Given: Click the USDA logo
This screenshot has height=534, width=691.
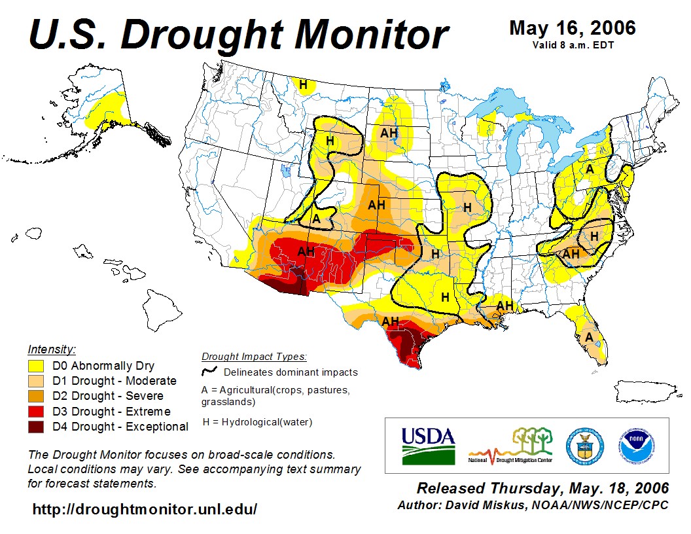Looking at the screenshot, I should pos(428,445).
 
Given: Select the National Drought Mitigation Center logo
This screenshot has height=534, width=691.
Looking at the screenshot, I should pos(511,446).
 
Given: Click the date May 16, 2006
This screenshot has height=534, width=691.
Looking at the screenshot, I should pos(572,28).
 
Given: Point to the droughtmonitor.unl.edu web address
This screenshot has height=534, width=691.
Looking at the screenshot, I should pos(145,508).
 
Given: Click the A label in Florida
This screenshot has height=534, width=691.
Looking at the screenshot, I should pos(589,337).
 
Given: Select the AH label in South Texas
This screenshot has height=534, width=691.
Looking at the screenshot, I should pos(391,321).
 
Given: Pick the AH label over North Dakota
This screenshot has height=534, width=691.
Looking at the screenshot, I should pos(389,133).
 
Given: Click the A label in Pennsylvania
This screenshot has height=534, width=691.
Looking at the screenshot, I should pos(590,169).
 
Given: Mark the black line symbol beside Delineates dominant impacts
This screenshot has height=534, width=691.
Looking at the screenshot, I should pos(210,371).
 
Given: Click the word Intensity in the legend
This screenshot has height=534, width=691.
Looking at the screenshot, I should pos(52,349).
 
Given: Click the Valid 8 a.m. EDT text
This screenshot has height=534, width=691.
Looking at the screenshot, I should pos(573,44).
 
